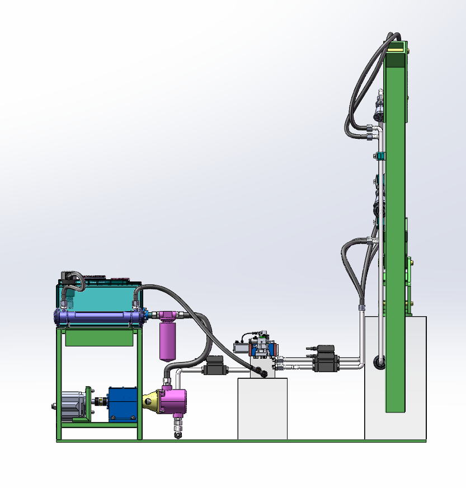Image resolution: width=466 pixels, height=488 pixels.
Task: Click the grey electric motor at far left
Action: click(71, 404)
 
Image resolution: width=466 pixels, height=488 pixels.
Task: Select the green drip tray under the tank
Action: click(100, 338)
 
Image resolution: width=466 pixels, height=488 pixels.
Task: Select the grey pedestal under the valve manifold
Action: click(262, 409)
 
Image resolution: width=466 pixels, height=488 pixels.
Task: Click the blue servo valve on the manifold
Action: click(261, 349)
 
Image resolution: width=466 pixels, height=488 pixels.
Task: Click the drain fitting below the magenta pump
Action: click(178, 431)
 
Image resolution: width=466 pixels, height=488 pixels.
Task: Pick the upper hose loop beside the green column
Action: click(359, 90)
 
